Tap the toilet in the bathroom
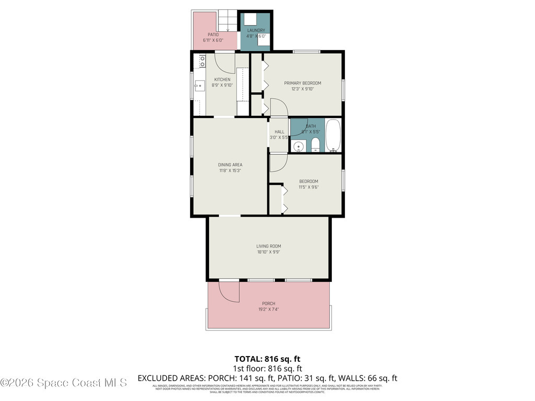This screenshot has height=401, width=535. (315, 145)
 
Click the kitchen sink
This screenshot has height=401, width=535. (199, 86)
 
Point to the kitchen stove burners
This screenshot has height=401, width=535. (202, 62)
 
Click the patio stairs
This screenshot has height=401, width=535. (227, 21)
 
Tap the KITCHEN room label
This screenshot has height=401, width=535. (222, 80)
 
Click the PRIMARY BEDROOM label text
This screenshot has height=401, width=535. (303, 83)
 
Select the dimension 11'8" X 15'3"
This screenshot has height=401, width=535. (230, 170)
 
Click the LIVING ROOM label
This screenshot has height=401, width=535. (269, 246)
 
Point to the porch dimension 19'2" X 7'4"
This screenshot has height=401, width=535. (269, 309)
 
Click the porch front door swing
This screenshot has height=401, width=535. (229, 291)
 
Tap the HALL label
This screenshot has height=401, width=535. (279, 132)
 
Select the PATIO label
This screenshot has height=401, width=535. (213, 34)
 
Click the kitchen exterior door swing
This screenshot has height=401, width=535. (225, 62)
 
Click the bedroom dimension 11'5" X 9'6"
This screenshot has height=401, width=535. (308, 187)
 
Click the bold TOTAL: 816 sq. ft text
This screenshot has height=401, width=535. (267, 359)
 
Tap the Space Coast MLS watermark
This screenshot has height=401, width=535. (64, 383)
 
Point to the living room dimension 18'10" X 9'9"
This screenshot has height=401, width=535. (269, 252)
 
